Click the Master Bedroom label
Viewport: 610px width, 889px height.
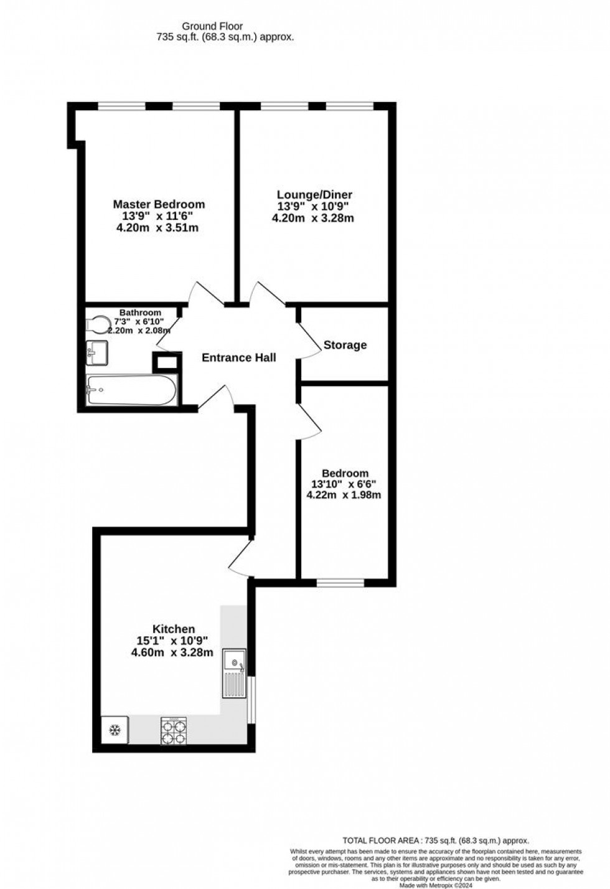pos(159,204)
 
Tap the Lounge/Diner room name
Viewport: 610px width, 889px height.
pos(314,195)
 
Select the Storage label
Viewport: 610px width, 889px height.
pos(345,345)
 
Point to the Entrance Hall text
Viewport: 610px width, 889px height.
pos(239,357)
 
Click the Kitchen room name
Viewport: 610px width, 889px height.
pos(174,629)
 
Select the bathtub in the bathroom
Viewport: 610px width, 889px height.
pos(131,390)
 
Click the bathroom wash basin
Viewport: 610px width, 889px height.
pos(96,352)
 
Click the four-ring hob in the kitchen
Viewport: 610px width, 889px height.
pos(174,730)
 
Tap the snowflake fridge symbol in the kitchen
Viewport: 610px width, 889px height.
pos(115,730)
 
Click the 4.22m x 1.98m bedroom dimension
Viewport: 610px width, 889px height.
pos(344,496)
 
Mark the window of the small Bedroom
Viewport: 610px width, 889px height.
pos(340,583)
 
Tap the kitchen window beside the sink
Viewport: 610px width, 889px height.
pos(251,700)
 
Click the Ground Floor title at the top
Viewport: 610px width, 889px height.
pos(212,26)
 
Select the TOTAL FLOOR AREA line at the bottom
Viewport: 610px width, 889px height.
pos(436,840)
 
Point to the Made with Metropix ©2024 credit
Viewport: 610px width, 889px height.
pos(436,885)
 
